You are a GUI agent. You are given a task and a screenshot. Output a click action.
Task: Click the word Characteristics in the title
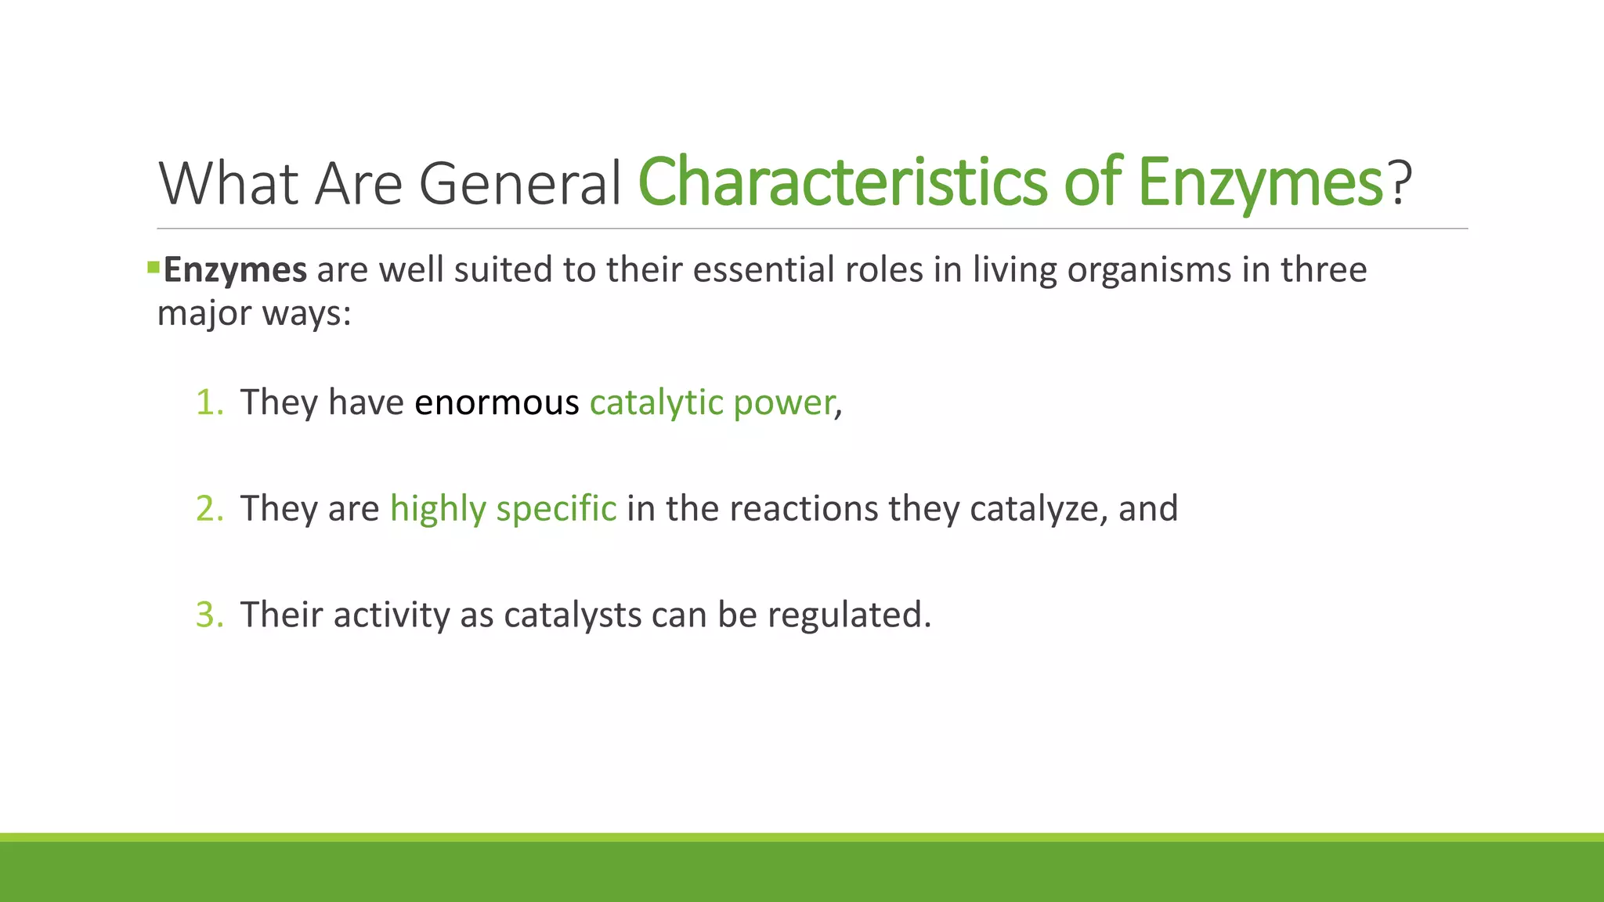tap(843, 182)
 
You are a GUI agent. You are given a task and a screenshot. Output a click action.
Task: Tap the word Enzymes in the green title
tap(1259, 182)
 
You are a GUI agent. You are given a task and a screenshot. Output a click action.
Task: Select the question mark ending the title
tap(1400, 182)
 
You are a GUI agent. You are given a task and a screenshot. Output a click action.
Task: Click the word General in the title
tap(520, 183)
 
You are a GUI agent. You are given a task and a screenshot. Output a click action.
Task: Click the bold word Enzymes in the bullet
tap(235, 270)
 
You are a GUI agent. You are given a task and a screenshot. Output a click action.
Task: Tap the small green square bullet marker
tap(153, 269)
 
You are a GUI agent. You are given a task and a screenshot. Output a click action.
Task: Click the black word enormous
tap(497, 402)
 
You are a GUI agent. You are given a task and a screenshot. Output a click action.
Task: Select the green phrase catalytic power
tap(712, 402)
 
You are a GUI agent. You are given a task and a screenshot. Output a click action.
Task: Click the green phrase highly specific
tap(503, 509)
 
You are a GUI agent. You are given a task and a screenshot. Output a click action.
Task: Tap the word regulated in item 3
tap(849, 615)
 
